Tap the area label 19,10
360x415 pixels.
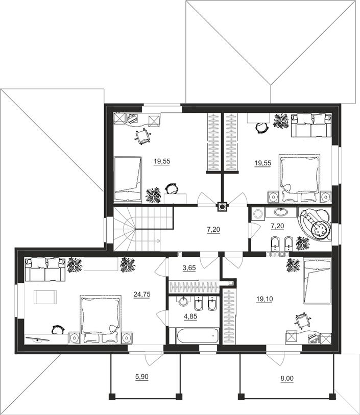click(x=265, y=299)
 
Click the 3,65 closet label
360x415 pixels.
click(x=189, y=268)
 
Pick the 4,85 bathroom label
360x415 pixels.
click(x=190, y=316)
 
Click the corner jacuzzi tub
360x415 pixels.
click(x=315, y=224)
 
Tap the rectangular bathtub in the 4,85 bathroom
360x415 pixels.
click(x=198, y=336)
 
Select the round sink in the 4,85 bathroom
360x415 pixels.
click(x=183, y=301)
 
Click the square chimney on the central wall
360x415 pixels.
click(x=222, y=207)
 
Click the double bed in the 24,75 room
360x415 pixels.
click(x=100, y=319)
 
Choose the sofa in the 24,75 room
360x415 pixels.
click(x=45, y=270)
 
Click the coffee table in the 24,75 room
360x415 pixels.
click(x=45, y=297)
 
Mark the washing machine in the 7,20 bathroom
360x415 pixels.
click(x=257, y=213)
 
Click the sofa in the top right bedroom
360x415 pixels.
click(x=311, y=125)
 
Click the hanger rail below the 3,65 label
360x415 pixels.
click(x=194, y=287)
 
